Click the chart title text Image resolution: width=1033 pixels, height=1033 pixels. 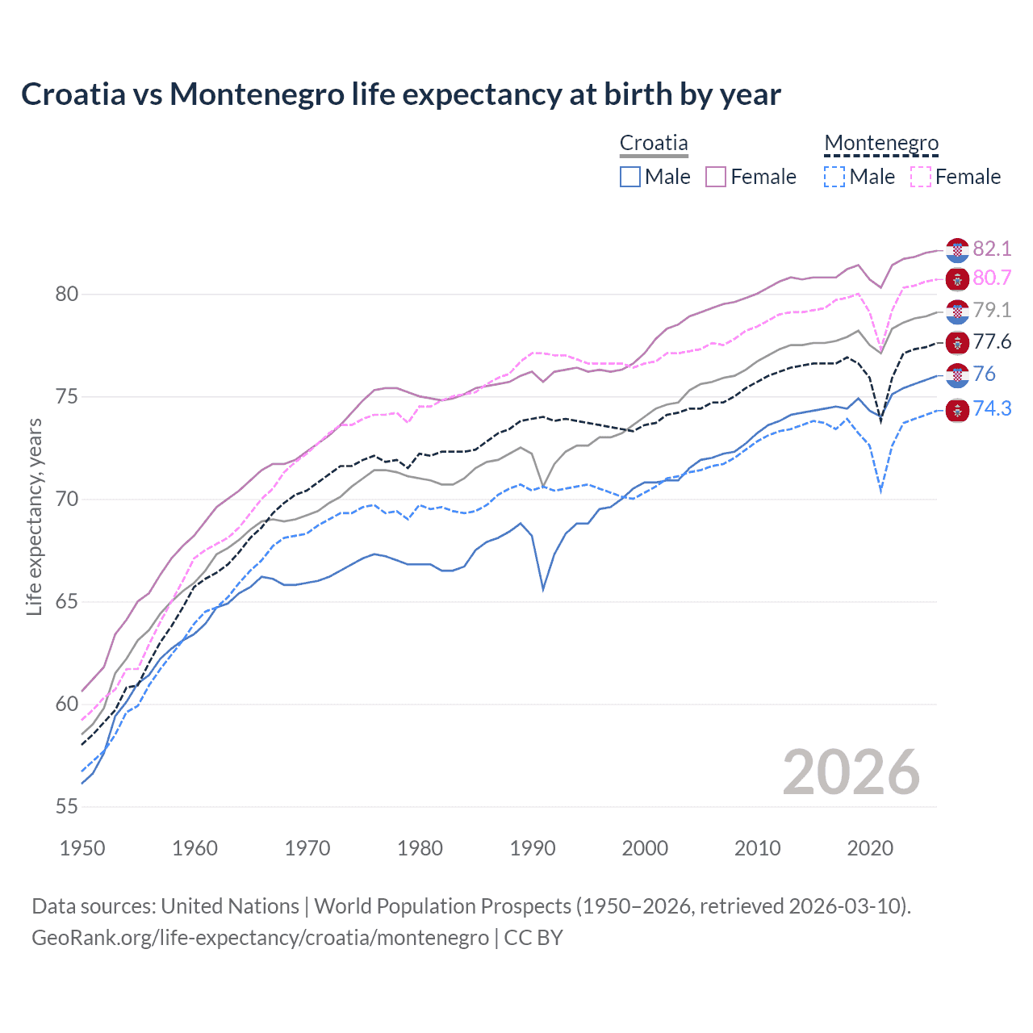pos(400,94)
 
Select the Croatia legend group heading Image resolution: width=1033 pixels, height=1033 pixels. pos(654,144)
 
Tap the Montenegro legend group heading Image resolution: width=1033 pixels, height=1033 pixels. pos(881,144)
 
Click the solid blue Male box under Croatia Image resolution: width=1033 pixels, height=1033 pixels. pos(630,177)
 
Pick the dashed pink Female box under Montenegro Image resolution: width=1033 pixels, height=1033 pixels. pos(921,177)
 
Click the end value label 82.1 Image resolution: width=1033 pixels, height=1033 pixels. pos(992,249)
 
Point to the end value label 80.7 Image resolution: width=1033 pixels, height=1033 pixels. pos(992,278)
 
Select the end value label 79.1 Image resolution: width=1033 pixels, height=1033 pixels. pos(992,310)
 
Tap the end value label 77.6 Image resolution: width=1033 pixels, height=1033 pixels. pos(992,341)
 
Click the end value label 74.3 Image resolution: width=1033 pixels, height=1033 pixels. pos(992,408)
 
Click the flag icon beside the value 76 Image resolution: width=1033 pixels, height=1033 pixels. pos(957,374)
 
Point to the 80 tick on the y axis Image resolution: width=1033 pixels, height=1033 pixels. pos(67,295)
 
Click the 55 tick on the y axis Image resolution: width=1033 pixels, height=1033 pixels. pos(67,806)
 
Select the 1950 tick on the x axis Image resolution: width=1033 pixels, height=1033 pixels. pos(82,848)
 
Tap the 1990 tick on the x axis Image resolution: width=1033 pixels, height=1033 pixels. pos(533,848)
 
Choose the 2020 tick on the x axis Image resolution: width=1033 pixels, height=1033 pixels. pos(870,848)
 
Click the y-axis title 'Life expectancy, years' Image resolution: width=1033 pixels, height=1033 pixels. pos(35,516)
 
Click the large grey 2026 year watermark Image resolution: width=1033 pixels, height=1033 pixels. pos(851,772)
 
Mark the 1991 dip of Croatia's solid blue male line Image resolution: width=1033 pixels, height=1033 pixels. pos(543,589)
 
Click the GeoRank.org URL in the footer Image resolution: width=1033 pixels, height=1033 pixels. pos(260,938)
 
